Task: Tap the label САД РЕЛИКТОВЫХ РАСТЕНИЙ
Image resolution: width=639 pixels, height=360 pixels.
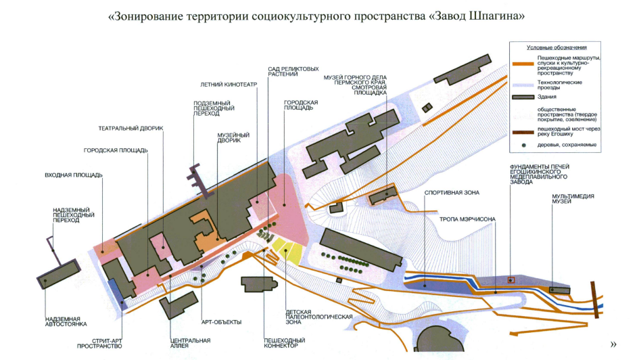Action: (x=293, y=72)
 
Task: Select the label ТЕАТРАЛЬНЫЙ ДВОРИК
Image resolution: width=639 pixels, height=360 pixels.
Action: (x=131, y=128)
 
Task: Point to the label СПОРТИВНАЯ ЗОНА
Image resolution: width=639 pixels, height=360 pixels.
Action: (x=452, y=193)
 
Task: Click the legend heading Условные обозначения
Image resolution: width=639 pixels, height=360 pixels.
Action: (x=557, y=47)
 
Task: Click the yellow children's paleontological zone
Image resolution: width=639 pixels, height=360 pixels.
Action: (x=290, y=250)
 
